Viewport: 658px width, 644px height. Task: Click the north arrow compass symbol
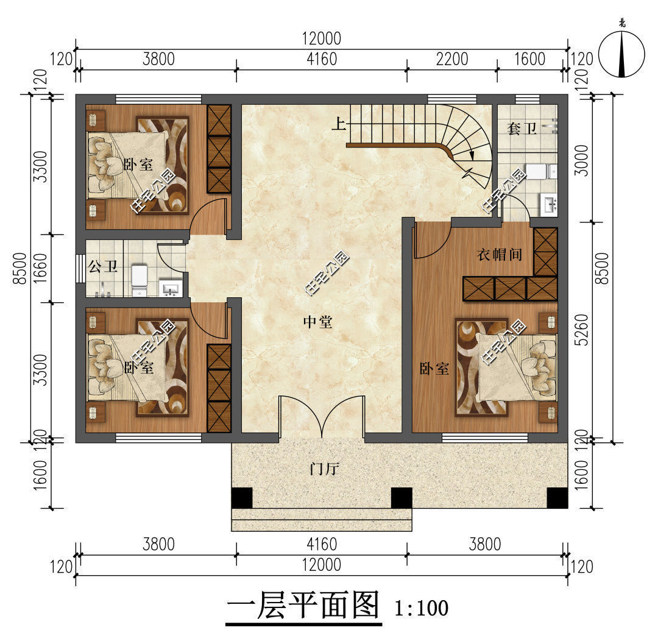click(x=621, y=54)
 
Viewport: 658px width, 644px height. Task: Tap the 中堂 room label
click(x=318, y=322)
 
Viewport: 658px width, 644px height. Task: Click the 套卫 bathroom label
click(x=522, y=129)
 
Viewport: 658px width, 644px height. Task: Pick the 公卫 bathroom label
click(x=103, y=267)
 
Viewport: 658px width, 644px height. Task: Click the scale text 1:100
click(x=421, y=607)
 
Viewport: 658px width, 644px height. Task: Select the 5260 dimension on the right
click(x=582, y=331)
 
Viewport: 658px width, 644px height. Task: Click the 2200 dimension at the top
click(x=451, y=59)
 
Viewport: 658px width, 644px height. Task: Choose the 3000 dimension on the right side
click(x=582, y=160)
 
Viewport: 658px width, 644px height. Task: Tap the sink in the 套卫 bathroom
click(x=550, y=205)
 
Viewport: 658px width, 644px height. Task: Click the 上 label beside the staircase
click(x=339, y=125)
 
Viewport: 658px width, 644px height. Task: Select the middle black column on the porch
click(x=401, y=498)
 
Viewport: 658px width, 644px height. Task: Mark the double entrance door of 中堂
click(x=322, y=417)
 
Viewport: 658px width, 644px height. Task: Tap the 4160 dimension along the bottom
click(x=320, y=543)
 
